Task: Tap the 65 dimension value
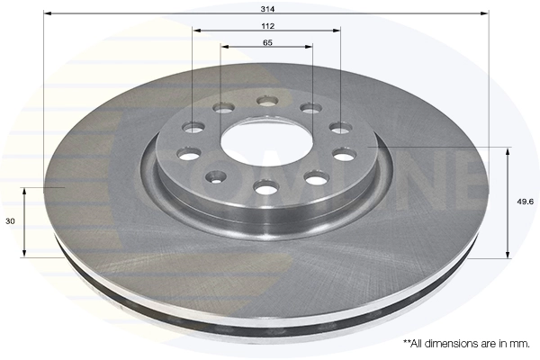[268, 42]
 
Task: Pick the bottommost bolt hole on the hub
[265, 187]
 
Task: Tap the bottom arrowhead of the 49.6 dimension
[508, 255]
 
